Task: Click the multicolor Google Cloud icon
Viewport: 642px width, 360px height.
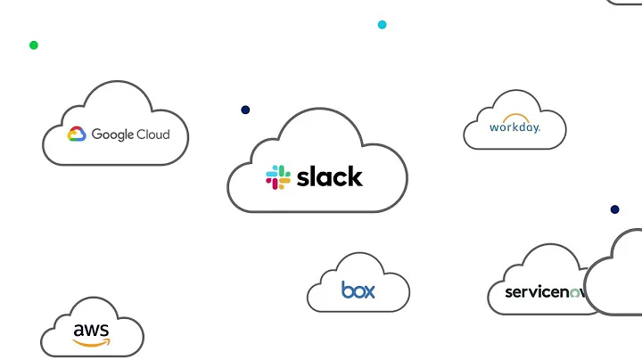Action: point(77,135)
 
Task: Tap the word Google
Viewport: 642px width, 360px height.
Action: point(112,135)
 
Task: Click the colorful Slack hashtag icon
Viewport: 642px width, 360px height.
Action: point(278,177)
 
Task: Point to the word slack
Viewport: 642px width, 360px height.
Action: point(329,176)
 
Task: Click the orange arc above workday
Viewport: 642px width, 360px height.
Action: point(514,118)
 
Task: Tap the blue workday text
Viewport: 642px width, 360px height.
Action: point(514,127)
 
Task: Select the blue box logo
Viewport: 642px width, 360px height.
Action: point(358,290)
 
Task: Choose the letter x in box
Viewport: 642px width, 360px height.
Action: point(369,290)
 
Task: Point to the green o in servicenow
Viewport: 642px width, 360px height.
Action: point(575,293)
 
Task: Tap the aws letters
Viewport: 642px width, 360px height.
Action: point(91,331)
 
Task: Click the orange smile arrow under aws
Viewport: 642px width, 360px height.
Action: point(92,343)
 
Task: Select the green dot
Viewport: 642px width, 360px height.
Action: point(34,45)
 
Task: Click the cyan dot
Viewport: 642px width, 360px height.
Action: point(383,25)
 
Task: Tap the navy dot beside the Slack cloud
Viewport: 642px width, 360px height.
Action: point(245,110)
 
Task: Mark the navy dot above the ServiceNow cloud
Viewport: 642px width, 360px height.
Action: point(614,209)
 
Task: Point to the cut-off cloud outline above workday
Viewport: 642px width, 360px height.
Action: point(624,3)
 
